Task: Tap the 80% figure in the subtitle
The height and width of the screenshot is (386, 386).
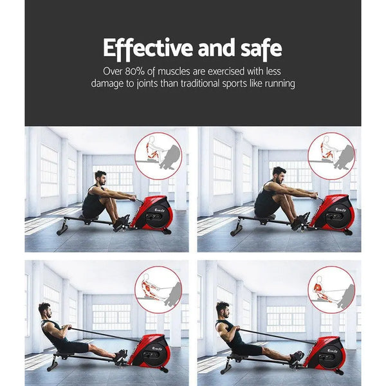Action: [x=143, y=71]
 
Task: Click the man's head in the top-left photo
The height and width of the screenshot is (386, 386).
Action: [x=100, y=176]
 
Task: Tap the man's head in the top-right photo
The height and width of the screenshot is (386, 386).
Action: [x=278, y=173]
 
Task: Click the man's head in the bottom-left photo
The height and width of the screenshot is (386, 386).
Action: [x=44, y=310]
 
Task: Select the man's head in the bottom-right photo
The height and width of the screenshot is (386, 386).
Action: [x=223, y=308]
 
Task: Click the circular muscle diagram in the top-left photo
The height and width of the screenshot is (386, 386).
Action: [x=158, y=156]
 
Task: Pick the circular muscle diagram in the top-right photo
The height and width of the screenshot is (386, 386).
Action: [x=331, y=156]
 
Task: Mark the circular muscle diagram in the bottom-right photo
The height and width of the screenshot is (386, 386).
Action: [x=331, y=290]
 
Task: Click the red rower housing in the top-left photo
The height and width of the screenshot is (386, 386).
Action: [x=153, y=212]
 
